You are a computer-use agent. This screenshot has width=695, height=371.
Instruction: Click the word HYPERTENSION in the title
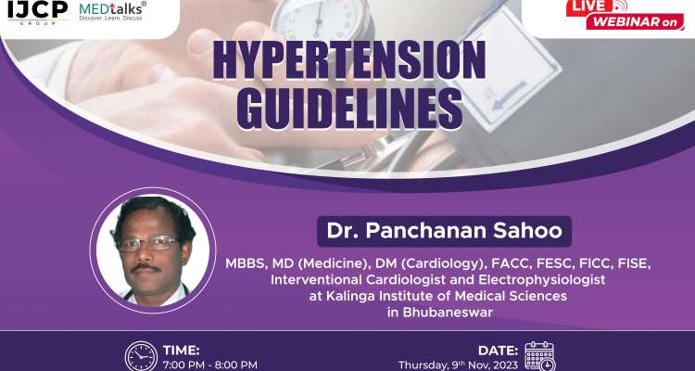click(x=349, y=62)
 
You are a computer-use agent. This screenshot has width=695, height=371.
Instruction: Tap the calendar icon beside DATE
click(x=539, y=357)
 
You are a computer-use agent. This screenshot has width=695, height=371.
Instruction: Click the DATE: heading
click(x=499, y=350)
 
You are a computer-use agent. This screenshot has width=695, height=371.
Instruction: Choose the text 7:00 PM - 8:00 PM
click(x=209, y=365)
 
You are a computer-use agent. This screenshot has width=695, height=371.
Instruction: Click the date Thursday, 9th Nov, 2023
click(x=458, y=365)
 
